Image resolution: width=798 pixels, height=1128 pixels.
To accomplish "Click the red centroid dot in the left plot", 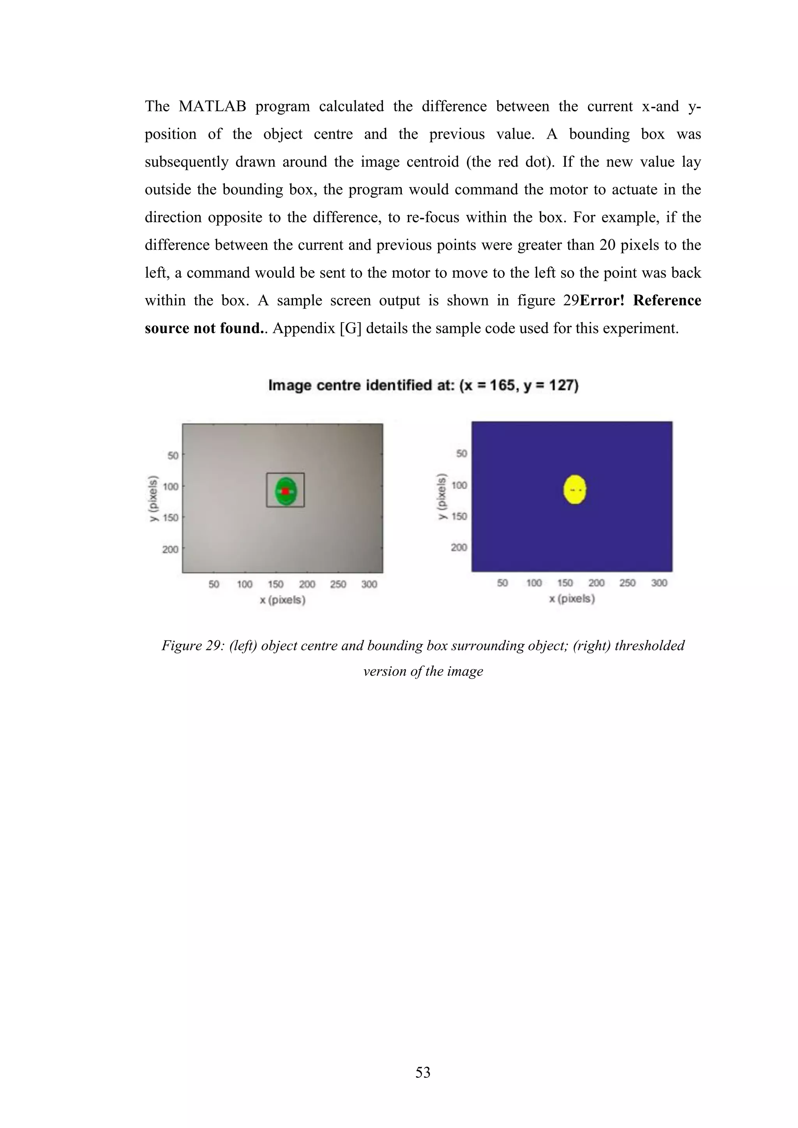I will [285, 491].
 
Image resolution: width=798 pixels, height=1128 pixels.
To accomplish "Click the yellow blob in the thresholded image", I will [574, 489].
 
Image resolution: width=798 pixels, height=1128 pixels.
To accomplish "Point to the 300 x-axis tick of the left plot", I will [369, 584].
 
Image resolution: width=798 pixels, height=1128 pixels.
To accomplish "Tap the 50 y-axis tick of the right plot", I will [461, 454].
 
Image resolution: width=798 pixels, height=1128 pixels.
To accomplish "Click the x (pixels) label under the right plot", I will [572, 598].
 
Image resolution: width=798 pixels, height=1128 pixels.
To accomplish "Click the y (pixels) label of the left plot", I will [154, 498].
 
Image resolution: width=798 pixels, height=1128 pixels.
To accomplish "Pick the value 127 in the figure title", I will [560, 385].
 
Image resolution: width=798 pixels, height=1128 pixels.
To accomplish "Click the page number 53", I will [423, 1072].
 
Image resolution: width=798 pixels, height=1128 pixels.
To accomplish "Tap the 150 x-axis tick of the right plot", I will [565, 583].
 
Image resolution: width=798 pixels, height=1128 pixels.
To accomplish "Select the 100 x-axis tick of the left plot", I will [245, 584].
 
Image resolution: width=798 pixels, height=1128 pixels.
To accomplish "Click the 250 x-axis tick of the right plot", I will [627, 583].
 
